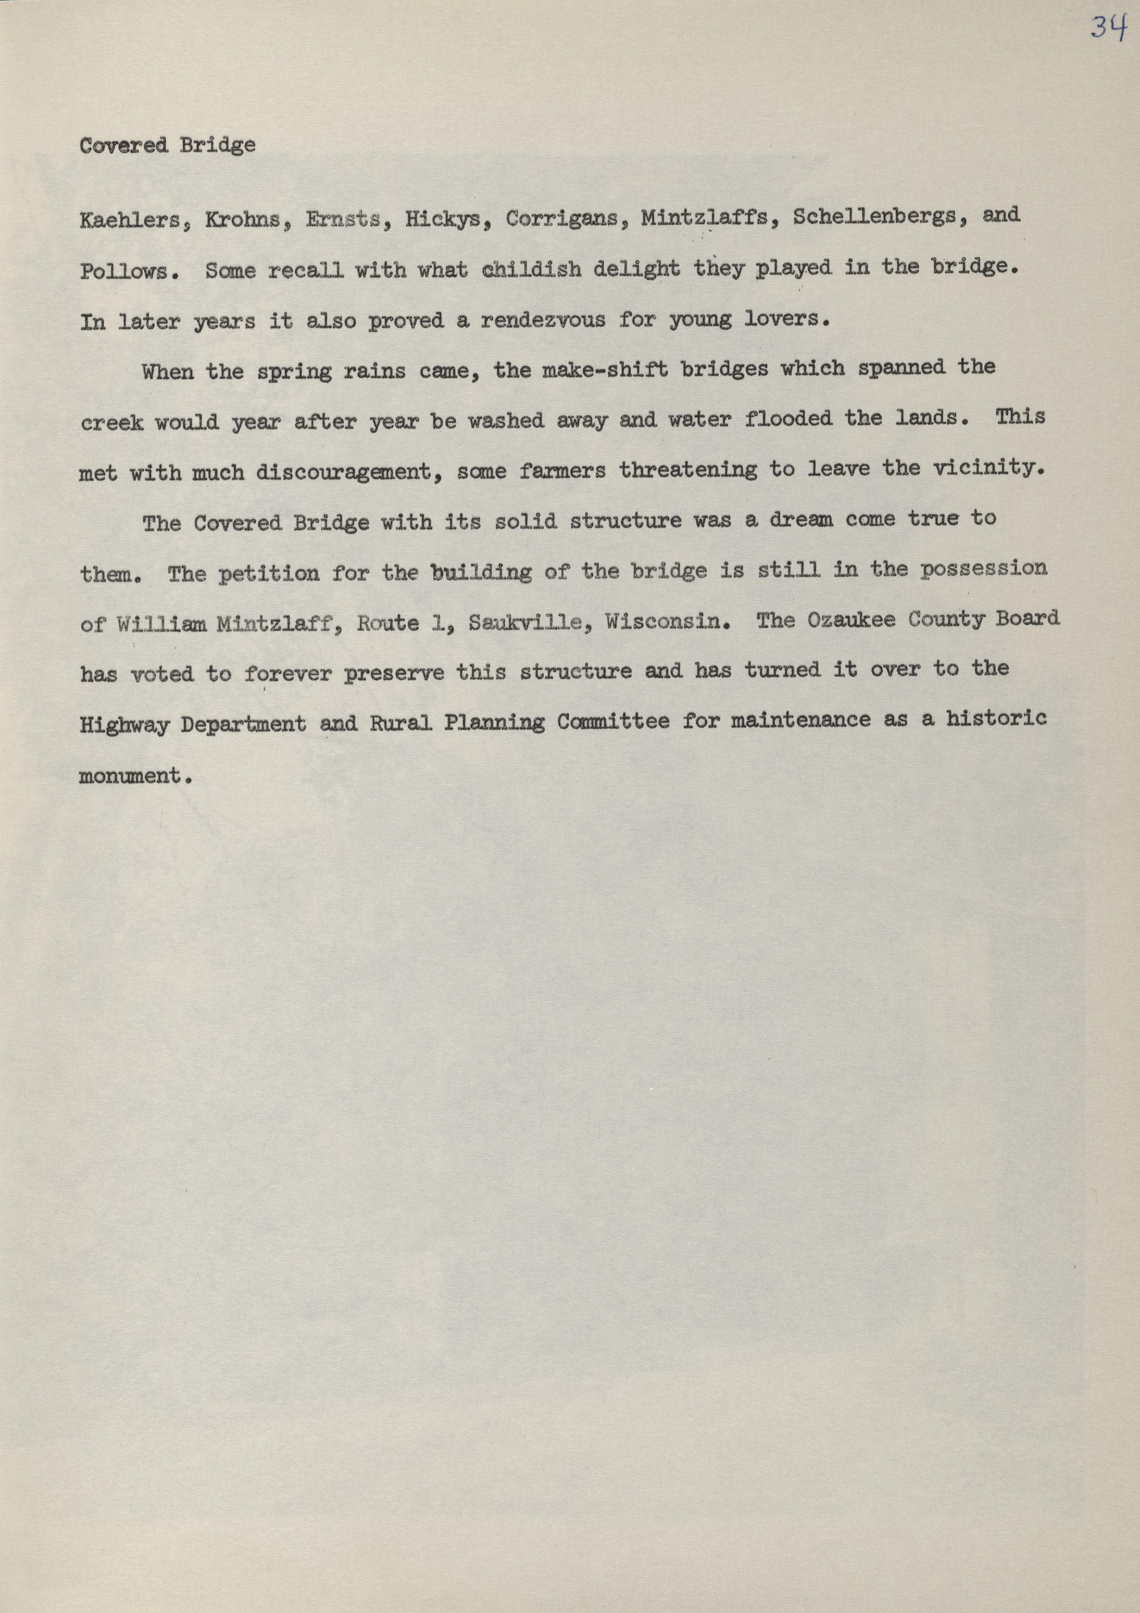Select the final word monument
[135, 776]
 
